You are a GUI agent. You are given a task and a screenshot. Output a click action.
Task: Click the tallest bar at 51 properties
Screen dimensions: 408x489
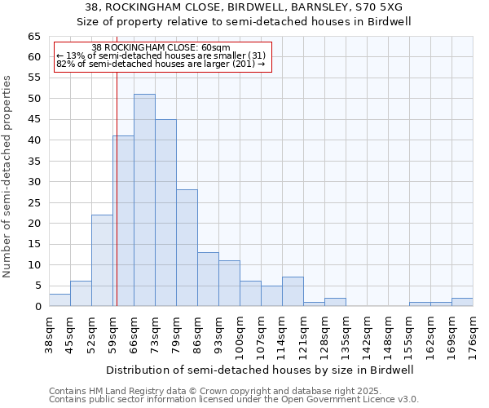tap(144, 200)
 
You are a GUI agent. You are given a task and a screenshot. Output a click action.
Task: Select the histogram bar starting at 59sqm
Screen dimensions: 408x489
tap(123, 220)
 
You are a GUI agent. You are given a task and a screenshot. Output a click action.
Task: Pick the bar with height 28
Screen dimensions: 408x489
tap(187, 247)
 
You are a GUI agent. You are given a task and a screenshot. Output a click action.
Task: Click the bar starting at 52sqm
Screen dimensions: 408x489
tap(102, 260)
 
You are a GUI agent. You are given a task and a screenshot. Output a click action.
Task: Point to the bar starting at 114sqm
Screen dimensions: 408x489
tap(293, 291)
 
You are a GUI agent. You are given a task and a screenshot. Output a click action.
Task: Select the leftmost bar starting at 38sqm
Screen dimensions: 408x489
tap(59, 299)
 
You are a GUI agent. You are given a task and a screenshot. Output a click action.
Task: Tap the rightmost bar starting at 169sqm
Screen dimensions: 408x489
tap(462, 302)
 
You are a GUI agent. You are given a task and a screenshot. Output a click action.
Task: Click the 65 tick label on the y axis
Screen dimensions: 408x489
tap(33, 37)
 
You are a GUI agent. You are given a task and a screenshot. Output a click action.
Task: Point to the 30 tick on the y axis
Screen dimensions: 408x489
tap(33, 182)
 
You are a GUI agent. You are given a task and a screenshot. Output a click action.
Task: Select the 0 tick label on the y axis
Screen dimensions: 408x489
tap(37, 307)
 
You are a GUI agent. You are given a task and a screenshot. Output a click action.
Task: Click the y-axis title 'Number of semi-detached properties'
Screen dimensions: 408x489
tap(7, 176)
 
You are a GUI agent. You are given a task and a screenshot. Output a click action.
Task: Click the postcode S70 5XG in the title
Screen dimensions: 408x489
tap(376, 7)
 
